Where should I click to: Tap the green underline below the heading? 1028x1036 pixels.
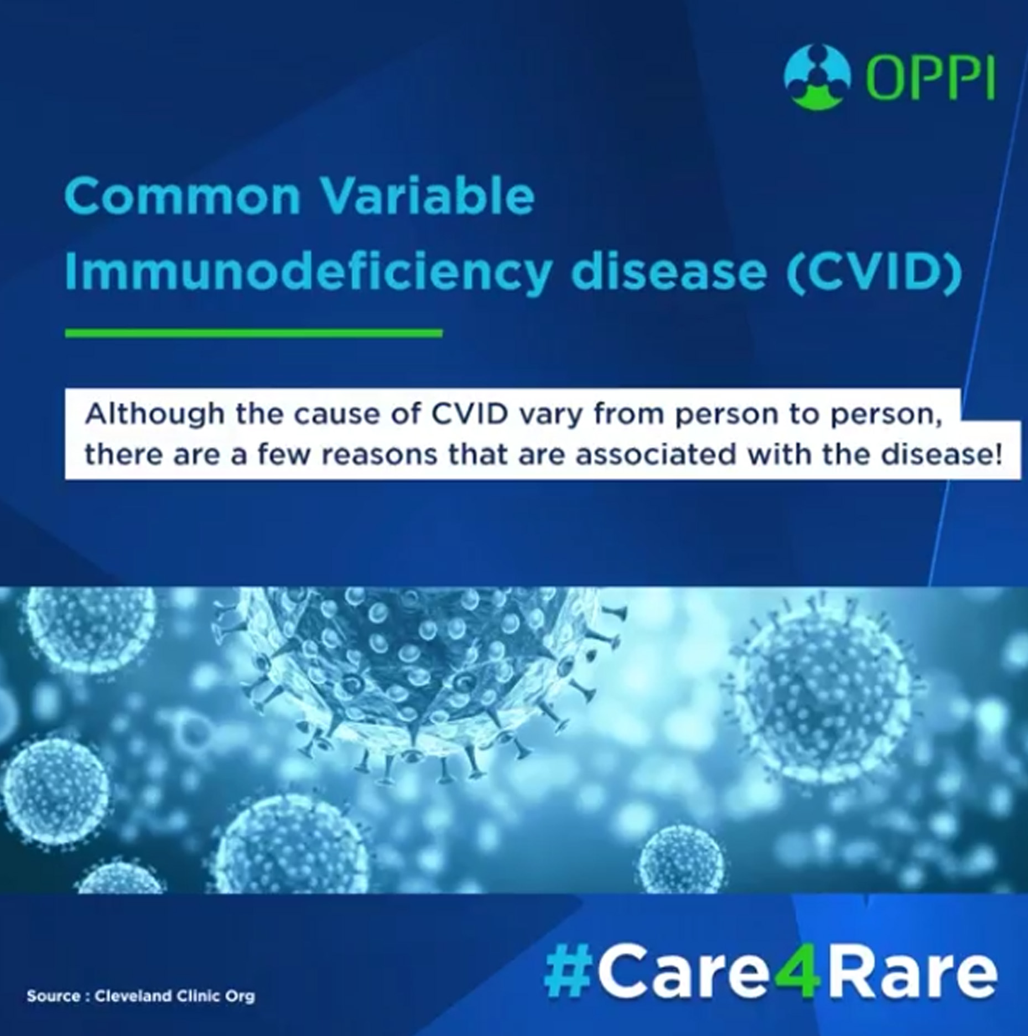(253, 333)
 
